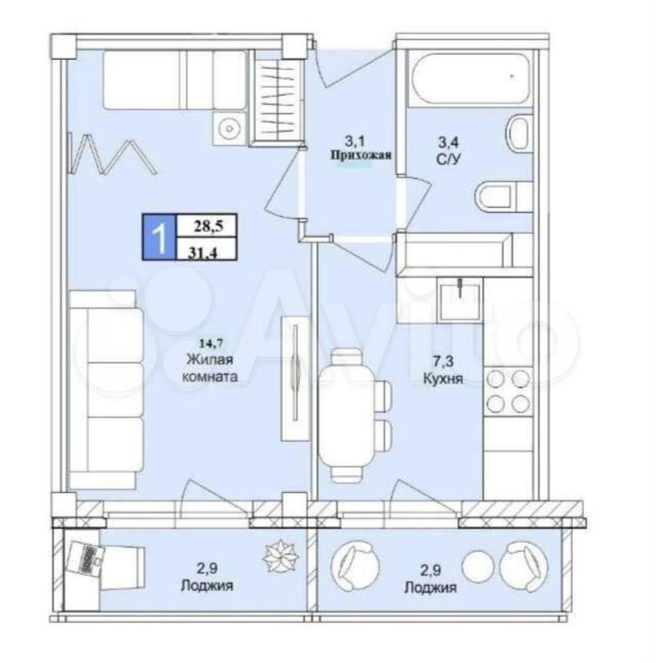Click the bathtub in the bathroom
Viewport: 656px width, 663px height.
(470, 78)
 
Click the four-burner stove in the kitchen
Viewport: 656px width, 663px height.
(508, 391)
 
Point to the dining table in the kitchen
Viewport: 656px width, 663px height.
(347, 415)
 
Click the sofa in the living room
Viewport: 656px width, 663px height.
(106, 390)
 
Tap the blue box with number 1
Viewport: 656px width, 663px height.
(160, 237)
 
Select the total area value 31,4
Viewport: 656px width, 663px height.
(203, 253)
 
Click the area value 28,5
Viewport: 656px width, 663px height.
(208, 227)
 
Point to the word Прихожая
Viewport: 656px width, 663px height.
(360, 155)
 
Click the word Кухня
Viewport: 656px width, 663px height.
(443, 378)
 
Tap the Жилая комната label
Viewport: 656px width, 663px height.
(210, 368)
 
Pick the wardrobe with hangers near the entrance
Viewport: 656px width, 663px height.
(276, 98)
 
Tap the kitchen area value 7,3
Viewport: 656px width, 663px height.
(443, 361)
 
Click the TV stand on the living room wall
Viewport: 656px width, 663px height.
(295, 378)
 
